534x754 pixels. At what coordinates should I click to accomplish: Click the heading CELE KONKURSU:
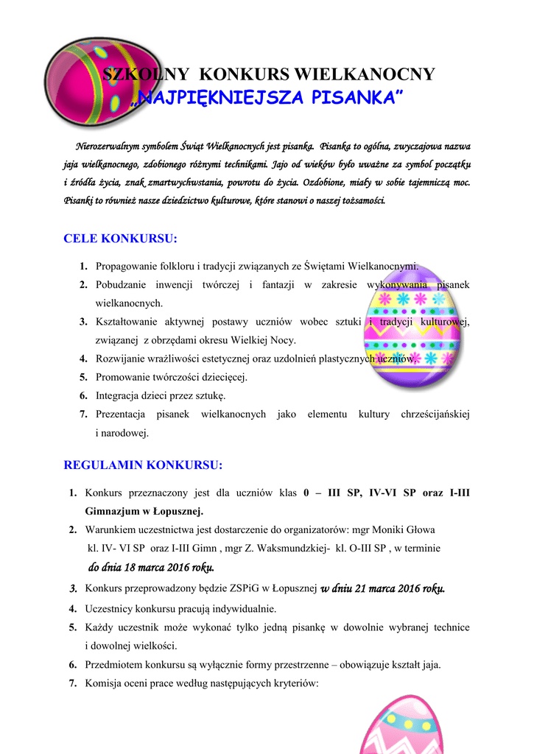tap(121, 239)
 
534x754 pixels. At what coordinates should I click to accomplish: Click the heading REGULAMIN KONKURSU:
tap(143, 465)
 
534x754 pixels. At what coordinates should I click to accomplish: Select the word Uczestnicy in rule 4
tap(110, 609)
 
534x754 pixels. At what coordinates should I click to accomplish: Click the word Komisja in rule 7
tap(103, 683)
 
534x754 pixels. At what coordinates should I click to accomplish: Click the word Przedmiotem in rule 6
tap(115, 665)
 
